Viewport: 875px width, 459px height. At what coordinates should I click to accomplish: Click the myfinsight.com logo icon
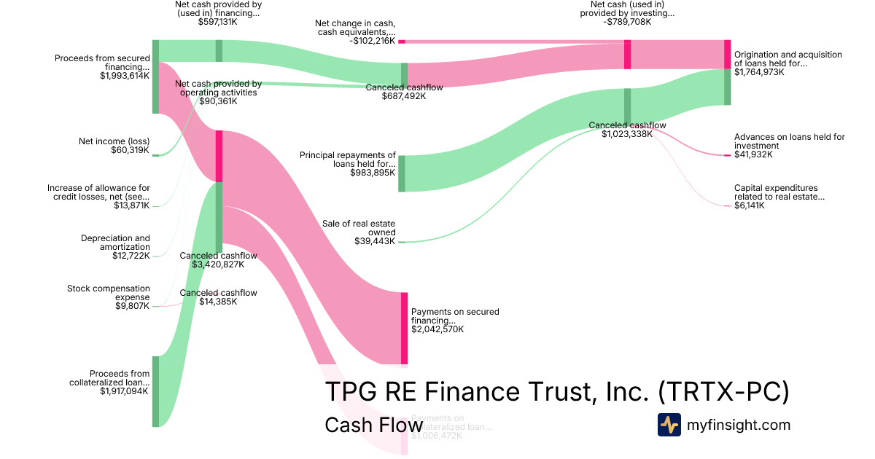click(669, 425)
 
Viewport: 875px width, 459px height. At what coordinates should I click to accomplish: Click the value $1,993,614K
click(125, 75)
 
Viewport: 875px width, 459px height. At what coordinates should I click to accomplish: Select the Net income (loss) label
click(114, 142)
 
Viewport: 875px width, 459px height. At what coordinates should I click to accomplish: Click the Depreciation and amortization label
click(115, 243)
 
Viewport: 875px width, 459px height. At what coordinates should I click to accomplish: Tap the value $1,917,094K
click(124, 391)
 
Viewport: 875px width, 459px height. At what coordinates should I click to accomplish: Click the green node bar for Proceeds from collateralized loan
click(155, 391)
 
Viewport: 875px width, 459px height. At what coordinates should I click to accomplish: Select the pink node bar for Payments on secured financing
click(404, 328)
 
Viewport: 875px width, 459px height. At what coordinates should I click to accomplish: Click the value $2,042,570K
click(437, 329)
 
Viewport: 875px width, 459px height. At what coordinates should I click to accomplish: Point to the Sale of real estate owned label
click(359, 228)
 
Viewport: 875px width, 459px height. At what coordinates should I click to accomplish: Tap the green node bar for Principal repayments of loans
click(401, 173)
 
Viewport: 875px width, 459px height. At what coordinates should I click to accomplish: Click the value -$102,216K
click(372, 41)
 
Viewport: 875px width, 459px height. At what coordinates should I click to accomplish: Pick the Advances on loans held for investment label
click(789, 141)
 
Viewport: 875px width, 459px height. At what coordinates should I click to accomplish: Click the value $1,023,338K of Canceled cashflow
click(627, 134)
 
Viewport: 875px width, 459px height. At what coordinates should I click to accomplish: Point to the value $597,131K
click(217, 22)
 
